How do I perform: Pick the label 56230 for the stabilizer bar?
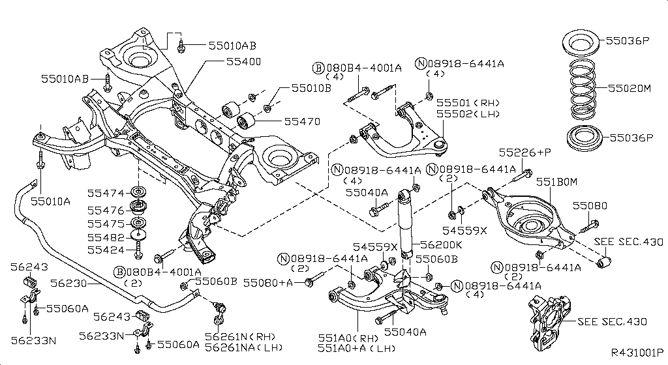[x=67, y=284]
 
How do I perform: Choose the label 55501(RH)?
[x=468, y=103]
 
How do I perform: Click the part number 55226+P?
[x=525, y=152]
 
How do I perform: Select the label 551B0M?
[x=557, y=183]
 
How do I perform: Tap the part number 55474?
[x=106, y=193]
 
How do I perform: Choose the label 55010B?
[x=311, y=87]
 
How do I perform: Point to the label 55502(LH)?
[x=468, y=114]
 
